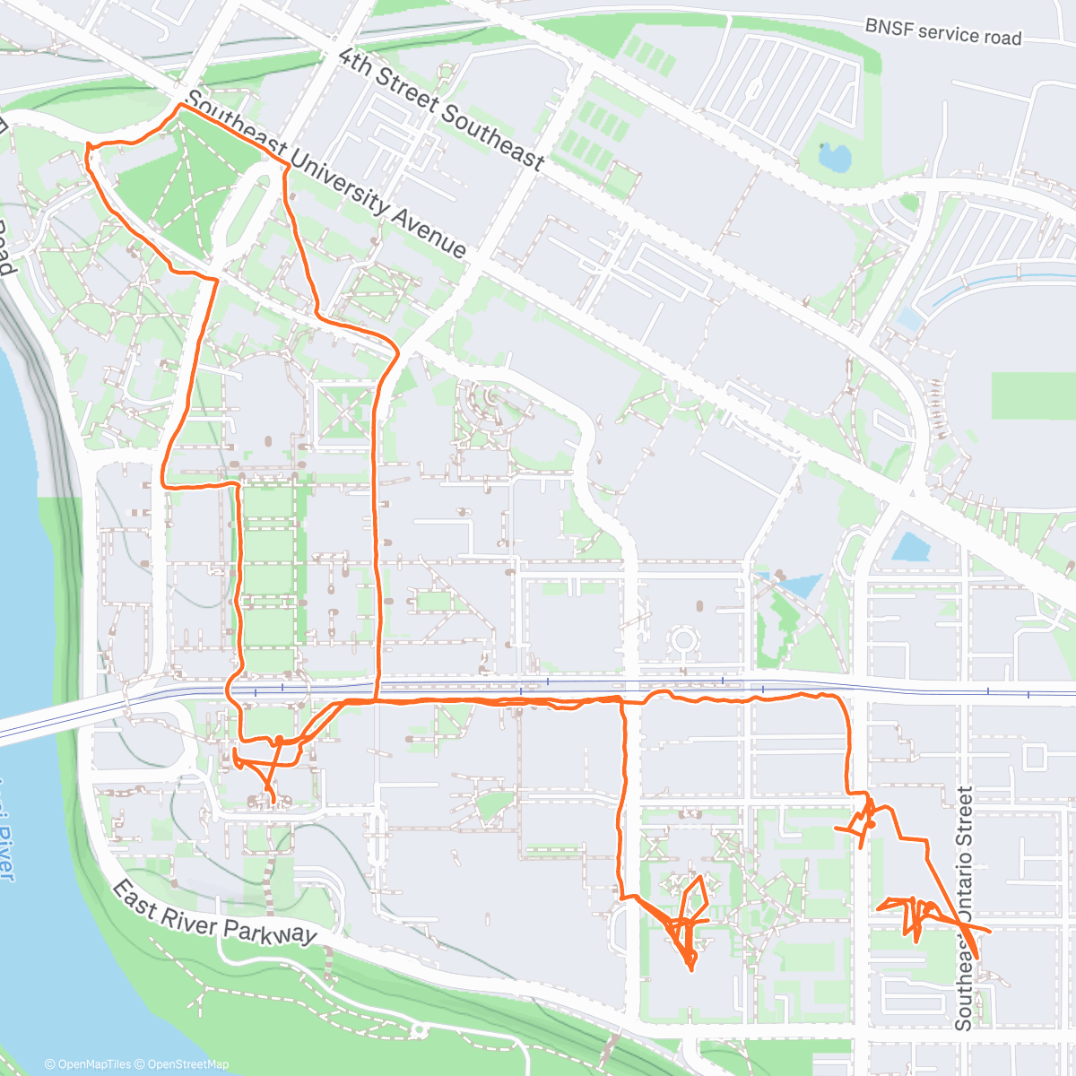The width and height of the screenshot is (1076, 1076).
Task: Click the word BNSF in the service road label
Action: tap(889, 27)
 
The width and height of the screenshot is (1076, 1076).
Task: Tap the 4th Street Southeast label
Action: tap(442, 108)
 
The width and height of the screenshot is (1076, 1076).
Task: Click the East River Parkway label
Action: tap(214, 912)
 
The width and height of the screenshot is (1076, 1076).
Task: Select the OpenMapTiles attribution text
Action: tap(88, 1064)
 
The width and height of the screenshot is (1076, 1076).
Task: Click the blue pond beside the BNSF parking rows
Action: tap(834, 157)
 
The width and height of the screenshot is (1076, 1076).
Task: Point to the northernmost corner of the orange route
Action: tap(181, 105)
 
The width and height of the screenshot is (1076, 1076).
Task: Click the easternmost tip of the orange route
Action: tap(990, 933)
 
